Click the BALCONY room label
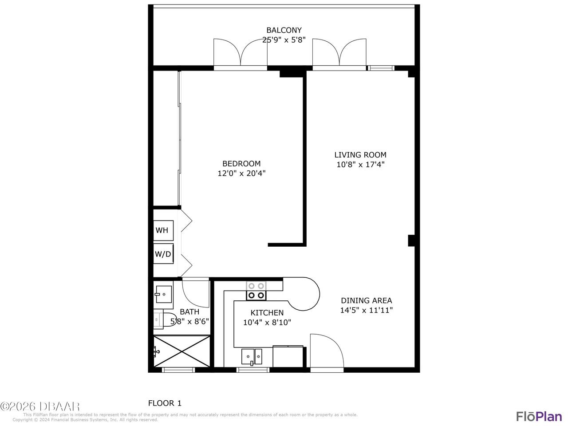284,30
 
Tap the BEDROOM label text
241,164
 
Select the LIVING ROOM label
360,155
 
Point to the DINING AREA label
366,300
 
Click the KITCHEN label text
267,313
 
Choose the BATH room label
189,312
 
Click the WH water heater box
162,230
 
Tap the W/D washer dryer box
162,254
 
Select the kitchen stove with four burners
256,291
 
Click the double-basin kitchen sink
252,356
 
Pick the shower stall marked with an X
181,351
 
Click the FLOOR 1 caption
165,403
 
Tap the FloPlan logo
539,416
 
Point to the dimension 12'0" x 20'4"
241,174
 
